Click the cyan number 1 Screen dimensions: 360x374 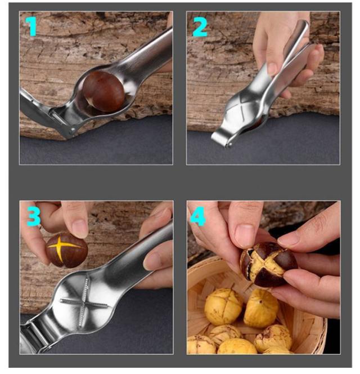click(31, 26)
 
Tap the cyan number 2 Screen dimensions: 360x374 click(200, 26)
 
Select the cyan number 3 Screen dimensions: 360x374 click(34, 216)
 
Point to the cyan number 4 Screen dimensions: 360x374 click(198, 216)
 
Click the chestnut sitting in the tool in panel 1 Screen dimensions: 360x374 click(103, 92)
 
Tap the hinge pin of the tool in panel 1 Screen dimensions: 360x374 click(73, 131)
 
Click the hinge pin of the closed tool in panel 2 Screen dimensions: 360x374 click(229, 144)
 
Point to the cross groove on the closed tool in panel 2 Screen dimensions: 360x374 click(242, 106)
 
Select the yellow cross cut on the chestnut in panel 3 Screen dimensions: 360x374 click(62, 248)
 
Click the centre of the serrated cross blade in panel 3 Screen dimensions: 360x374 click(83, 302)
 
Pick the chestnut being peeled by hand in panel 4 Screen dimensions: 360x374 click(269, 265)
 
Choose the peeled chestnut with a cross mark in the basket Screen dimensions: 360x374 click(223, 307)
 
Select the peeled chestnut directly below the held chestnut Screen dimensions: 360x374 click(261, 308)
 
